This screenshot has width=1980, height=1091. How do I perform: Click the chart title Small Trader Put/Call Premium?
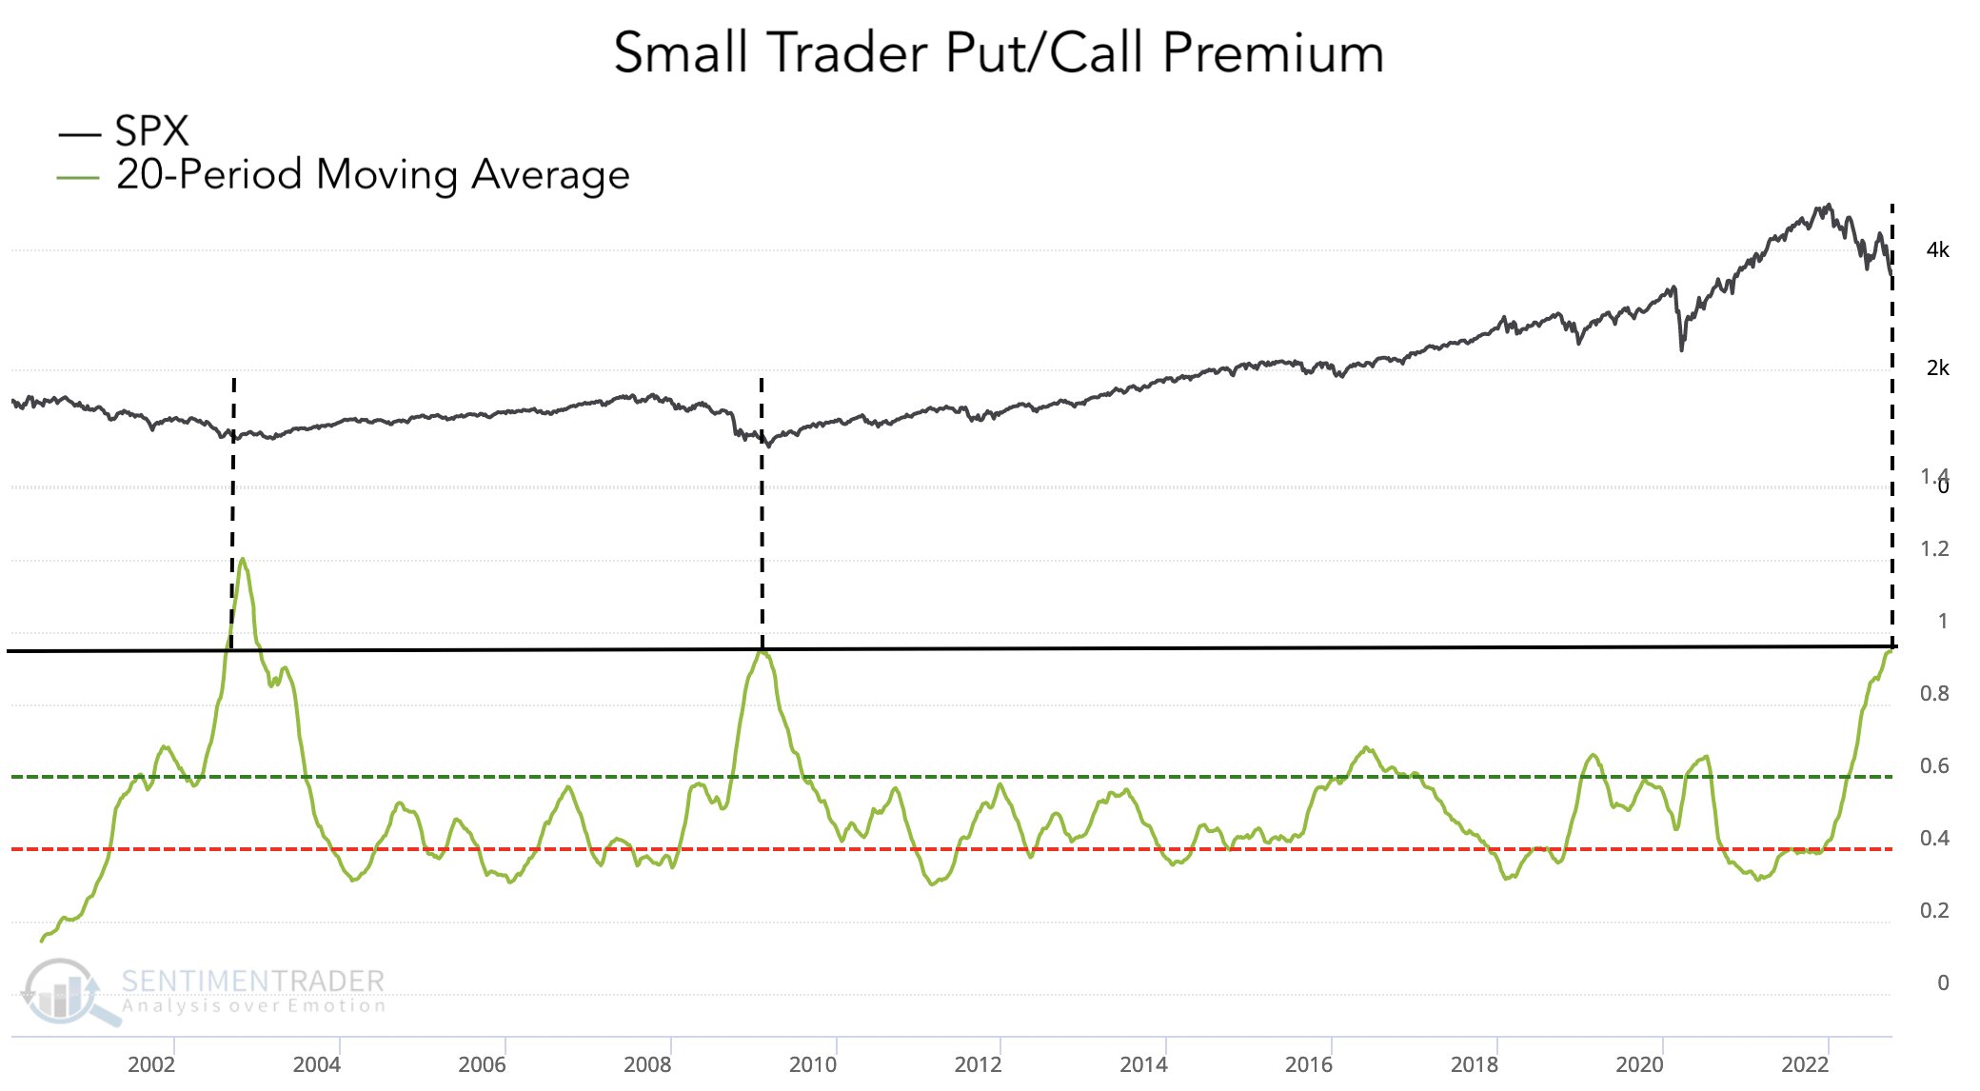[x=999, y=52]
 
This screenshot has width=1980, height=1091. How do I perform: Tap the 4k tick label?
[x=1937, y=250]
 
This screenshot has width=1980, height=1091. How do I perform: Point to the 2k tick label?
[x=1937, y=368]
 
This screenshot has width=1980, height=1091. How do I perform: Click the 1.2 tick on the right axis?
[x=1934, y=549]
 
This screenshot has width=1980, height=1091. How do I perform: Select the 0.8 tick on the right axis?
[x=1934, y=694]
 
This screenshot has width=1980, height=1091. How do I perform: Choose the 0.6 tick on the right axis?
[x=1934, y=766]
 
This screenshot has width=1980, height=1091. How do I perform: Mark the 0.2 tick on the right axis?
[x=1934, y=911]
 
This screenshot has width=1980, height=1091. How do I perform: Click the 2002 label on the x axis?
[x=151, y=1064]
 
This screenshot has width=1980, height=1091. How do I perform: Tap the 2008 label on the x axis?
[x=647, y=1064]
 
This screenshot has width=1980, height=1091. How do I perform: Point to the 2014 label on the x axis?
[x=1143, y=1064]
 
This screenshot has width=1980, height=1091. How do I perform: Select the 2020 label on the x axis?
[x=1639, y=1064]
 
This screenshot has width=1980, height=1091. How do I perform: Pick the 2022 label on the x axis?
[x=1805, y=1064]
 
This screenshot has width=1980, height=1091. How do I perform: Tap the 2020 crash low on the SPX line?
[x=1681, y=349]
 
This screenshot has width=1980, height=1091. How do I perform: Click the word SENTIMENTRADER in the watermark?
[x=253, y=981]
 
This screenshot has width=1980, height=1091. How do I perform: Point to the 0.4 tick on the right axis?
[x=1934, y=839]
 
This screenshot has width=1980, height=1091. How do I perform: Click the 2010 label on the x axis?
[x=813, y=1064]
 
